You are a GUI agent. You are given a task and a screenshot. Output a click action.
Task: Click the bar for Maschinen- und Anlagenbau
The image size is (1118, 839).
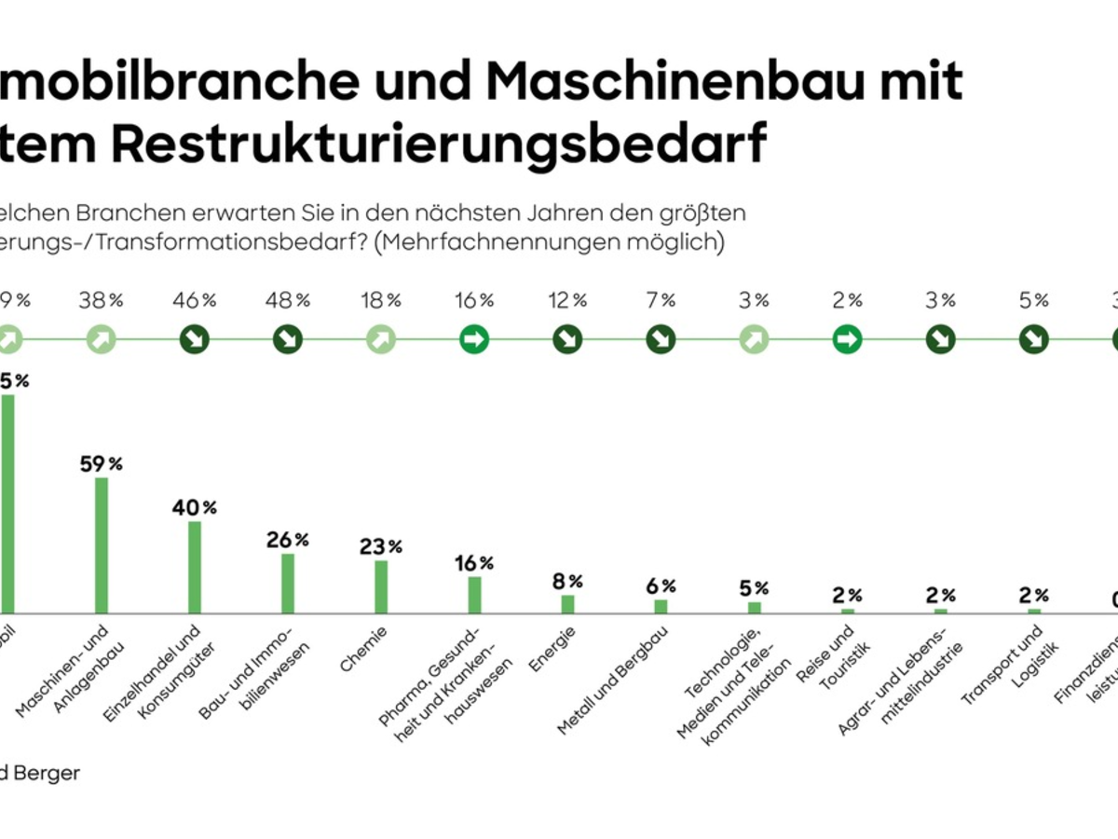coord(102,544)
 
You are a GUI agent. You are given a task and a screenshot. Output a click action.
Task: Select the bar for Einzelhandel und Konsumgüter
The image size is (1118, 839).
coord(195,566)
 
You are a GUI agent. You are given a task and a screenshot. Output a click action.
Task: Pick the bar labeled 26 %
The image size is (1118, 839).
coord(288,583)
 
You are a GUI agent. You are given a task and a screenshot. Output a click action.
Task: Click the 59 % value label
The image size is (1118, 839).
coord(102,463)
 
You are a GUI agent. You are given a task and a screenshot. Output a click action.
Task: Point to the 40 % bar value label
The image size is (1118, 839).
coord(195,508)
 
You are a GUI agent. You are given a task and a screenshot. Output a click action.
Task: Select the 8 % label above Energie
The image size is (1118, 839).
coord(567,582)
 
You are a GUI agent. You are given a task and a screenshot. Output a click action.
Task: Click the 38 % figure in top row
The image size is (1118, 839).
coord(102,300)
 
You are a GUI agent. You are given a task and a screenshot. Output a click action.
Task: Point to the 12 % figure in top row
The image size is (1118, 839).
coord(567,300)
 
